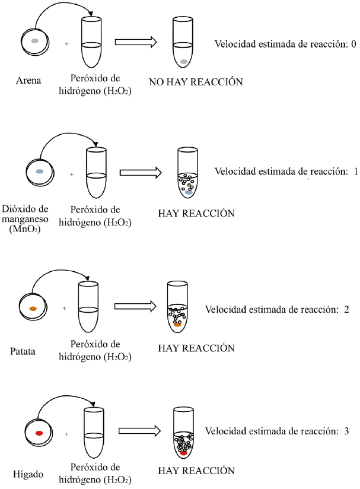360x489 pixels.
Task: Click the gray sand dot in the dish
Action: click(35, 41)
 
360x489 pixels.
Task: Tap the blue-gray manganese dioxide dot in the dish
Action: click(39, 171)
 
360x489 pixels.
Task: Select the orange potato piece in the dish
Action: click(33, 309)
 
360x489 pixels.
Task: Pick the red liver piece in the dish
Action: click(39, 434)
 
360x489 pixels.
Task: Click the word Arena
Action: click(28, 81)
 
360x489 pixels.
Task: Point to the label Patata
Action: click(23, 351)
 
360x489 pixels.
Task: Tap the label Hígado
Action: click(26, 475)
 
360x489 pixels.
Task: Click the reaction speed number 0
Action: click(353, 43)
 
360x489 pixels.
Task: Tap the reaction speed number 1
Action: click(355, 172)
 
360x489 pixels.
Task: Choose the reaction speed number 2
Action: click(346, 309)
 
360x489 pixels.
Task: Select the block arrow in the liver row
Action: click(140, 431)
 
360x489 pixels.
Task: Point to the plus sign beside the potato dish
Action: click(65, 309)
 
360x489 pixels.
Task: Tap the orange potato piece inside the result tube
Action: click(177, 325)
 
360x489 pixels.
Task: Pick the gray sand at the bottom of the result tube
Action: click(184, 62)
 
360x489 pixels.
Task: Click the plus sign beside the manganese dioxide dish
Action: click(72, 175)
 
